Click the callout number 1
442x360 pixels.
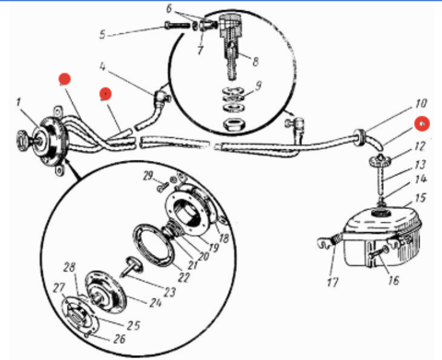tap(19, 102)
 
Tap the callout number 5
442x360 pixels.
tap(102, 34)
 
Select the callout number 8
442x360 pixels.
tap(255, 62)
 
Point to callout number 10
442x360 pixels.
tap(421, 103)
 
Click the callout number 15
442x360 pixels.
tap(421, 198)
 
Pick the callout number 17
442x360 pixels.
tap(332, 282)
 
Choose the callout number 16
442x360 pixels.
tap(393, 280)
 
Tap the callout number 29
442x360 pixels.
tap(148, 176)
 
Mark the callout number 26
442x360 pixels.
tap(120, 339)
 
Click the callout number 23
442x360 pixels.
tap(169, 292)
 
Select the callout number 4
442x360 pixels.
tap(102, 66)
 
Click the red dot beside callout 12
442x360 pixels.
tap(422, 123)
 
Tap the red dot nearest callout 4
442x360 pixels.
tap(106, 94)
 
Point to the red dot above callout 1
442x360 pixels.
tap(64, 79)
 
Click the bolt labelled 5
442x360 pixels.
tap(177, 25)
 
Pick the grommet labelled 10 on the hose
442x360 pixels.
tap(359, 137)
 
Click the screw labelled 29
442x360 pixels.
tap(163, 187)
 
